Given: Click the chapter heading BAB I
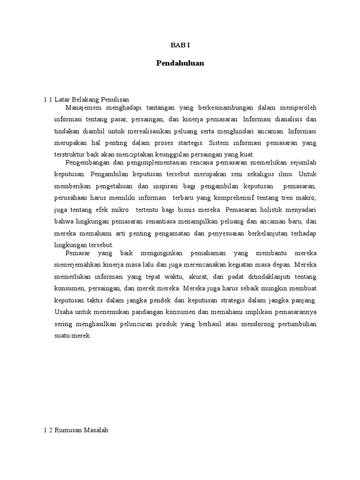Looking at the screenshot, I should point(180,45).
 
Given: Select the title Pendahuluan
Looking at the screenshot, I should point(180,63).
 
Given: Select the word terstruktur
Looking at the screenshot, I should point(70,154).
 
